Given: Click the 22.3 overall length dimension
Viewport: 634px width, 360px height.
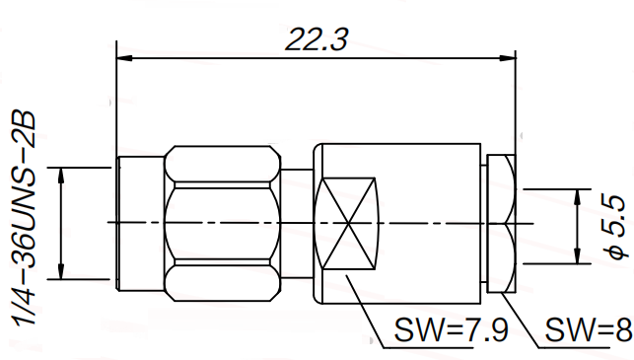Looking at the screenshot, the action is [x=317, y=40].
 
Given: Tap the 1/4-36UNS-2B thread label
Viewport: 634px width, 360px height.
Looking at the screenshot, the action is [x=25, y=218].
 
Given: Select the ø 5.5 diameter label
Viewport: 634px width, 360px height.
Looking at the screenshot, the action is [x=616, y=226].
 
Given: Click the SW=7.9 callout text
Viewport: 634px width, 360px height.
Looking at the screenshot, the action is [x=451, y=330].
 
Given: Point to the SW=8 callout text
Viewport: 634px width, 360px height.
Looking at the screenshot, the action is [x=589, y=330].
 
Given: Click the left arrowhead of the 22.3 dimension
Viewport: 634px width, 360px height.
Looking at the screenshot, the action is [x=124, y=58].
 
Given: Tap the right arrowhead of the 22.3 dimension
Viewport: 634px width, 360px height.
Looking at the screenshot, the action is [x=508, y=58].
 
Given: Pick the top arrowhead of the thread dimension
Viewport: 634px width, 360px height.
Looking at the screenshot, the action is [x=61, y=176].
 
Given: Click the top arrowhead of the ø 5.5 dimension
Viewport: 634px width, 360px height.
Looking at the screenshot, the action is [x=578, y=197].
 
